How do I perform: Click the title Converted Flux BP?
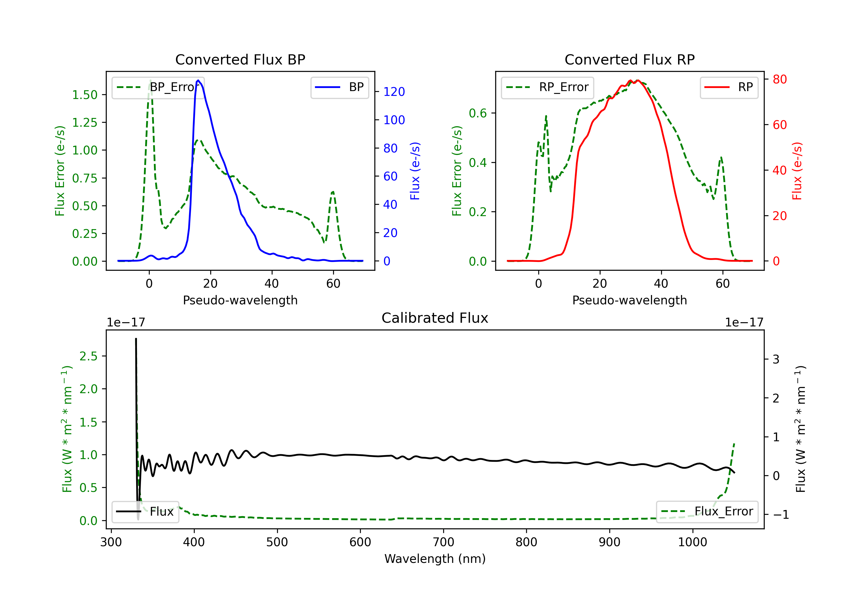(240, 59)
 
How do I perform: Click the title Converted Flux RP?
(629, 59)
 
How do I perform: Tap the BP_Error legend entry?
(158, 87)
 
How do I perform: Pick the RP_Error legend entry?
(547, 87)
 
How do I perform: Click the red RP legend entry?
(729, 87)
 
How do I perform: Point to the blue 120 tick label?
(394, 92)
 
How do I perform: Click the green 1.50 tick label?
(84, 95)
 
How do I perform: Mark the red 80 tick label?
(779, 79)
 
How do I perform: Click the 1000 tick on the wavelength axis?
(692, 542)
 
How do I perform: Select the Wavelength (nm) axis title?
(435, 559)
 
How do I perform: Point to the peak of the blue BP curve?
(198, 80)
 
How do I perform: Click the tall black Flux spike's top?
(136, 339)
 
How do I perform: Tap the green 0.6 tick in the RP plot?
(478, 113)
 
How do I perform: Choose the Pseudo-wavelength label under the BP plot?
(240, 300)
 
